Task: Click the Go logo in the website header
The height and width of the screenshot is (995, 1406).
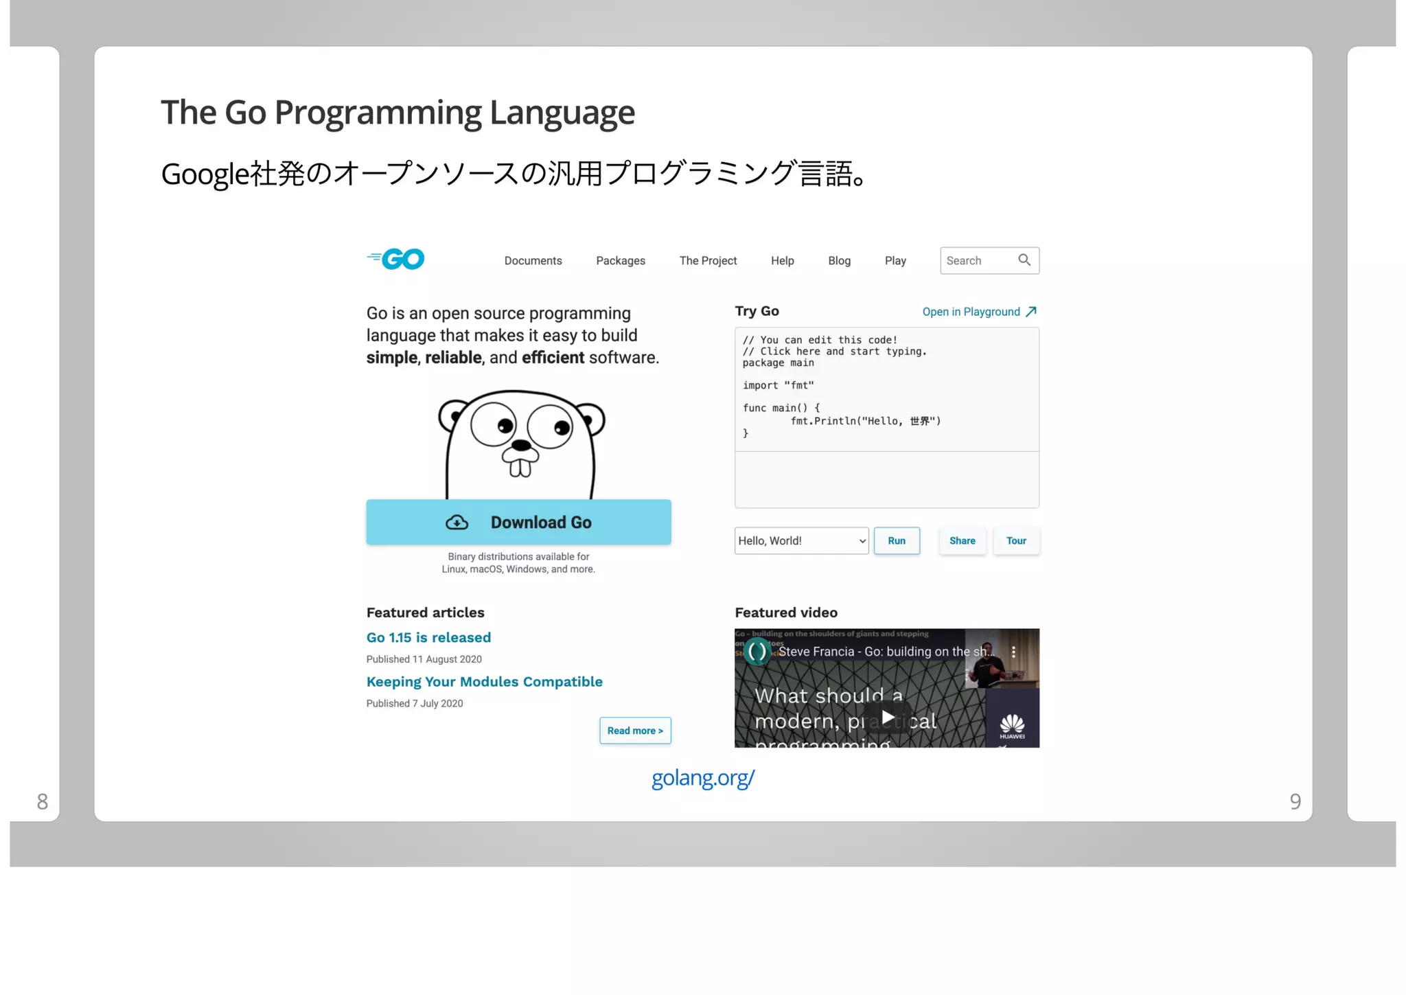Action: tap(396, 259)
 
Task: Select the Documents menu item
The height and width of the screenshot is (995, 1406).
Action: tap(533, 261)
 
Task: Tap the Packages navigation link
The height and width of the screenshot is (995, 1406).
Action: tap(620, 261)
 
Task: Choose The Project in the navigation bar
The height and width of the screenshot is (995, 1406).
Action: tap(708, 261)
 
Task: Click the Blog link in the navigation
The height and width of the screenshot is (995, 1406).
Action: tap(839, 261)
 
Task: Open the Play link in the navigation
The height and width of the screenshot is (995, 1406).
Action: tap(895, 261)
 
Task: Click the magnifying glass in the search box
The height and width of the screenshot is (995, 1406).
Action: tap(1024, 260)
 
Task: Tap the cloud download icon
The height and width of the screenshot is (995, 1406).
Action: tap(457, 523)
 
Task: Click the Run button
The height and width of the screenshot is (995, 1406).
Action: tap(896, 541)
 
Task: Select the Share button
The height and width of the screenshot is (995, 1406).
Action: tap(962, 541)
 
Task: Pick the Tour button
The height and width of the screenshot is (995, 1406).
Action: tap(1016, 541)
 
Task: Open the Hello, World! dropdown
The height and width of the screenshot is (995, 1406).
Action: tap(801, 541)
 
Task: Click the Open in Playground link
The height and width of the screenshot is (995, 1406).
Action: tap(978, 312)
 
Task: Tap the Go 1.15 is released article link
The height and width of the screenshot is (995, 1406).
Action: tap(428, 638)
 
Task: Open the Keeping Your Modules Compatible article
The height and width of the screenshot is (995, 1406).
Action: tap(484, 682)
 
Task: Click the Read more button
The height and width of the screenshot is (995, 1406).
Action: tap(635, 731)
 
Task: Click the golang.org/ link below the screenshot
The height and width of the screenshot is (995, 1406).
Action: tap(702, 778)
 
